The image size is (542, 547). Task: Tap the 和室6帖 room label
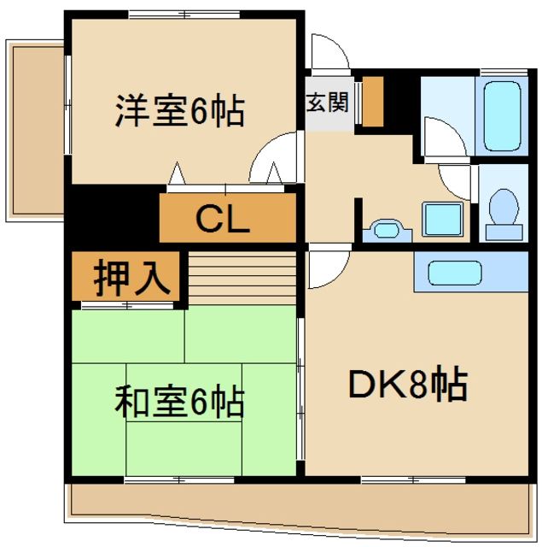[180, 400]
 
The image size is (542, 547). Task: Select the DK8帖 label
[407, 385]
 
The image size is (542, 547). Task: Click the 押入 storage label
[127, 278]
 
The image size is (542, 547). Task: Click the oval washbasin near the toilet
[385, 229]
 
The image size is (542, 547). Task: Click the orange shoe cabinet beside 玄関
[372, 101]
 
